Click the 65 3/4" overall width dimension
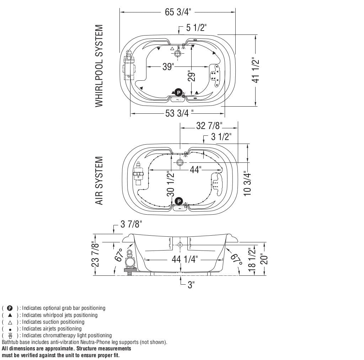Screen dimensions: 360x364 pyautogui.click(x=178, y=12)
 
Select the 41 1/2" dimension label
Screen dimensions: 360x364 pyautogui.click(x=255, y=70)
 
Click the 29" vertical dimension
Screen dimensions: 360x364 pyautogui.click(x=192, y=76)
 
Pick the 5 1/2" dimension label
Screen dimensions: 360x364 pyautogui.click(x=196, y=28)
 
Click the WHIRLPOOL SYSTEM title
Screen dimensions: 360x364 pyautogui.click(x=99, y=66)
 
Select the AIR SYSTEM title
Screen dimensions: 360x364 pyautogui.click(x=99, y=181)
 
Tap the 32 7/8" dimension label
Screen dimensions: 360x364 pyautogui.click(x=209, y=126)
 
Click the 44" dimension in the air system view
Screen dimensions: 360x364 pyautogui.click(x=194, y=170)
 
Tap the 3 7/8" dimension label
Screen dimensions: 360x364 pyautogui.click(x=131, y=224)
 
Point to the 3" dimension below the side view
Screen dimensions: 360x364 pyautogui.click(x=191, y=285)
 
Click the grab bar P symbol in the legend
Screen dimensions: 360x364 pyautogui.click(x=10, y=308)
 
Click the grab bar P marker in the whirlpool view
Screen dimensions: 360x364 pyautogui.click(x=178, y=92)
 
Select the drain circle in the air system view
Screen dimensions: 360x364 pyautogui.click(x=180, y=162)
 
